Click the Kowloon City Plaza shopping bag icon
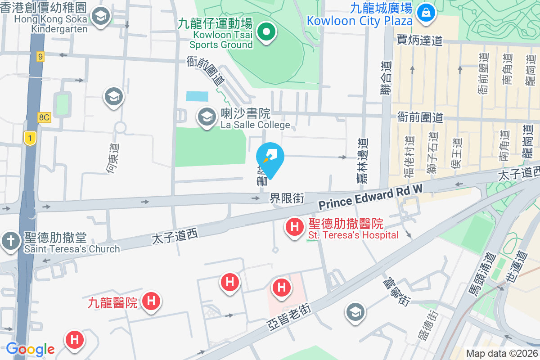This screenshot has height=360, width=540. pyautogui.click(x=424, y=12)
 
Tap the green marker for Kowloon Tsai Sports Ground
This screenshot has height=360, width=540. pyautogui.click(x=266, y=32)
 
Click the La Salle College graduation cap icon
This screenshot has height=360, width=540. pyautogui.click(x=207, y=117)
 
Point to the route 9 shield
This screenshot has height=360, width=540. pyautogui.click(x=40, y=57)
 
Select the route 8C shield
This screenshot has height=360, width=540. pyautogui.click(x=44, y=117)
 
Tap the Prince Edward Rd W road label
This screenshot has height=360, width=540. pyautogui.click(x=371, y=196)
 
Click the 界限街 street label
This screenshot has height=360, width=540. pyautogui.click(x=287, y=198)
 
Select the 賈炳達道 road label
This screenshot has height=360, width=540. pyautogui.click(x=420, y=41)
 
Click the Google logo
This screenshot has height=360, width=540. pyautogui.click(x=30, y=349)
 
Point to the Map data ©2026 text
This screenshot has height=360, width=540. pyautogui.click(x=502, y=354)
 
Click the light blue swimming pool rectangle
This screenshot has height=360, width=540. pyautogui.click(x=198, y=96)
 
